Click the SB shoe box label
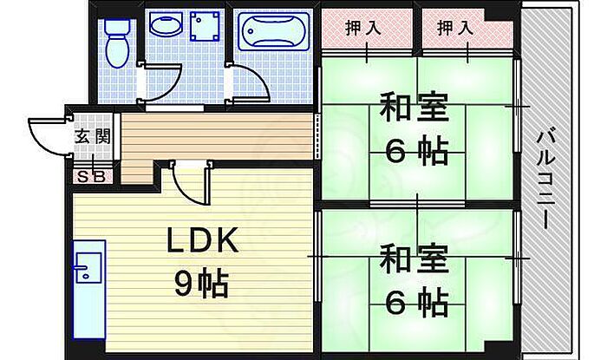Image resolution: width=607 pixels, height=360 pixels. pyautogui.click(x=90, y=176)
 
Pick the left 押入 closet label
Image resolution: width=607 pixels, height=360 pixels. pyautogui.click(x=363, y=28)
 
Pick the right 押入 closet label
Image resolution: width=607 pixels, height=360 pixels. pyautogui.click(x=454, y=28)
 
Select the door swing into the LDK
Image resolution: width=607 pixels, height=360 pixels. pyautogui.click(x=188, y=183)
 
